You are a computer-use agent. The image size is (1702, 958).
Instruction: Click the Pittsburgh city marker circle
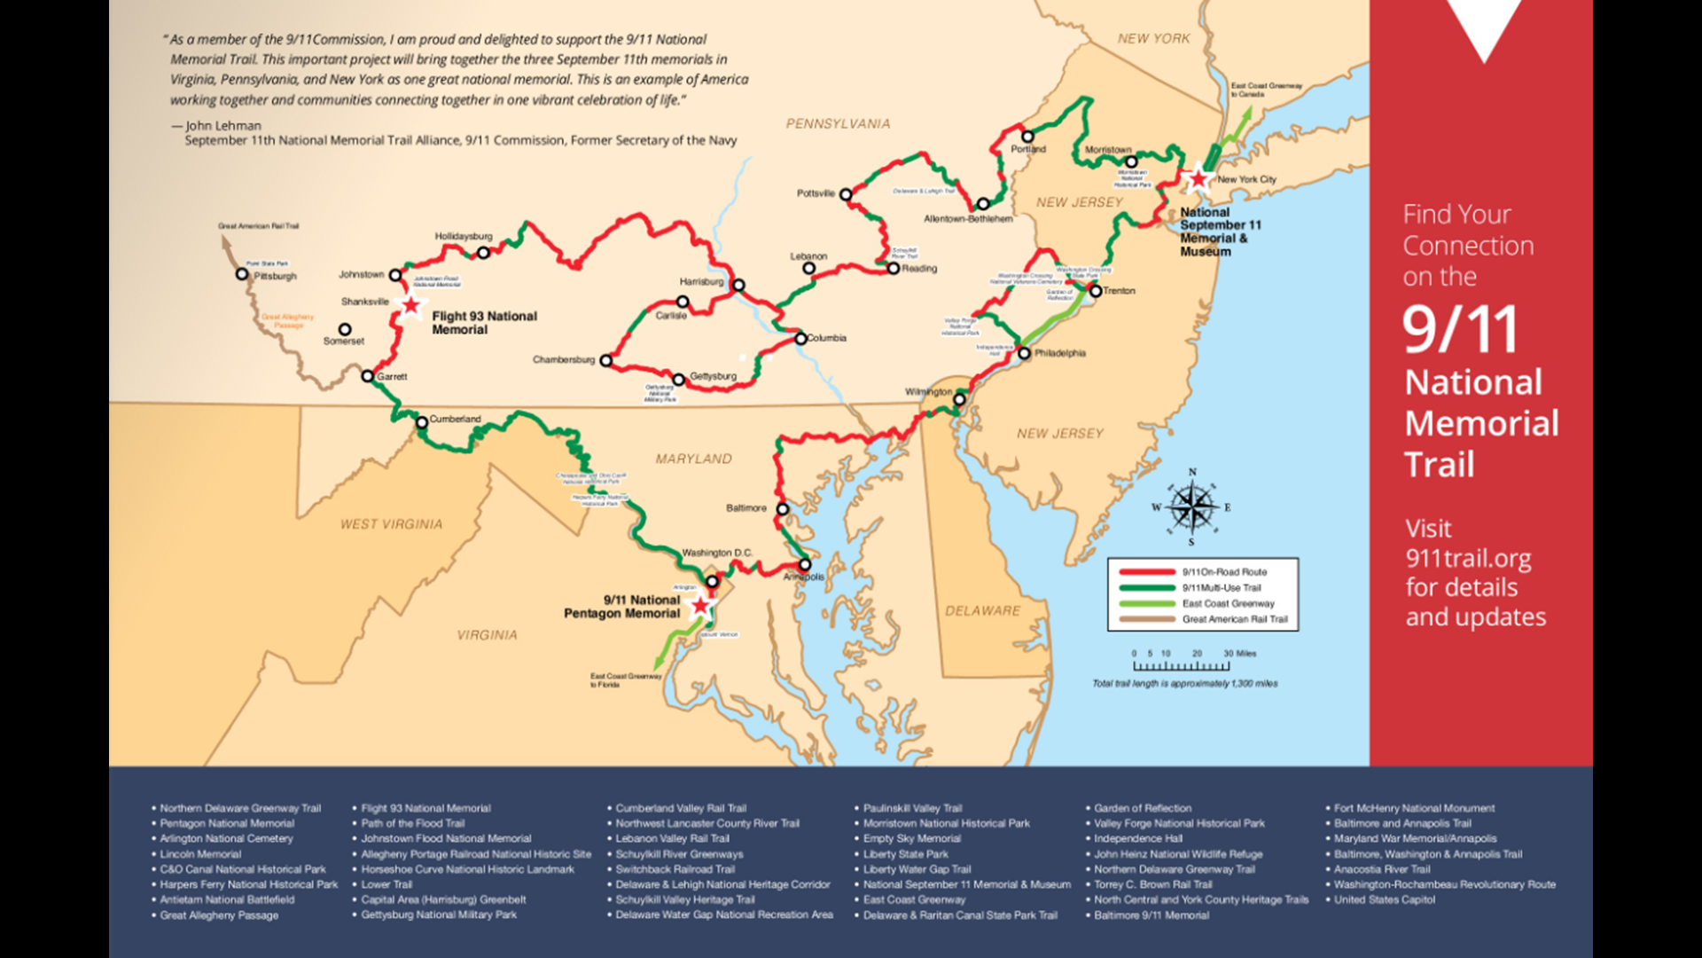[x=242, y=274]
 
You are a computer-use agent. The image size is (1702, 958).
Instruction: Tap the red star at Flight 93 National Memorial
[x=411, y=306]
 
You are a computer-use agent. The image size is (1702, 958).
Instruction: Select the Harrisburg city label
[x=701, y=282]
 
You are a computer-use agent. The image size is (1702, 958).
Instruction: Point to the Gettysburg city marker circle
[x=679, y=380]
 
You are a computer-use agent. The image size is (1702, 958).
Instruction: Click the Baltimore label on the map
[x=746, y=508]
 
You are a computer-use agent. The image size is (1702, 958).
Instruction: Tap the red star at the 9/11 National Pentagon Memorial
[x=701, y=606]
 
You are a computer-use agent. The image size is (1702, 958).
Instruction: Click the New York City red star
[x=1198, y=179]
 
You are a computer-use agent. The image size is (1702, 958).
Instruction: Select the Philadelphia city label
[x=1060, y=353]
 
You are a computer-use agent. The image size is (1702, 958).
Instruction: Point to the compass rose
[x=1192, y=507]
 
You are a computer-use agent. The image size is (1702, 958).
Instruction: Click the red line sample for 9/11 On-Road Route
[x=1147, y=572]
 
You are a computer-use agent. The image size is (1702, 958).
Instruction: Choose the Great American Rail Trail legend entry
[x=1234, y=619]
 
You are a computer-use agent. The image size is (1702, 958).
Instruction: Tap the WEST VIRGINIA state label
[x=391, y=524]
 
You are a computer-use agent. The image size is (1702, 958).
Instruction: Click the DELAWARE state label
[x=982, y=611]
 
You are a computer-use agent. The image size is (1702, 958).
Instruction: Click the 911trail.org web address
[x=1468, y=558]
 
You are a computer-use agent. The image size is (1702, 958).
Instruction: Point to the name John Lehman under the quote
[x=223, y=126]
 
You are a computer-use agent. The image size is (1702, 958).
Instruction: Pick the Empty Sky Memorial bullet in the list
[x=911, y=838]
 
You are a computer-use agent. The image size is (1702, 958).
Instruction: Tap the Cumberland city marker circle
[x=422, y=423]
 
